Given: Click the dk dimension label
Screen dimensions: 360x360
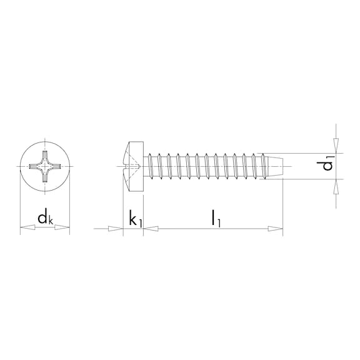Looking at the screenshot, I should [x=44, y=219].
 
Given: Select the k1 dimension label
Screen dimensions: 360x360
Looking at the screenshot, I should [x=135, y=219].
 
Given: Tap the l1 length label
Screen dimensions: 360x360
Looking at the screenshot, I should [x=215, y=218].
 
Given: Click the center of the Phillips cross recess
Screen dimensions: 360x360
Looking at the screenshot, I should [x=45, y=166].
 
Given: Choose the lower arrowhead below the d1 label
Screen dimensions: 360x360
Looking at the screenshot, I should [x=336, y=187].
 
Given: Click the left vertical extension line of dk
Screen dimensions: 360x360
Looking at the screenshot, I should [x=21, y=206].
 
